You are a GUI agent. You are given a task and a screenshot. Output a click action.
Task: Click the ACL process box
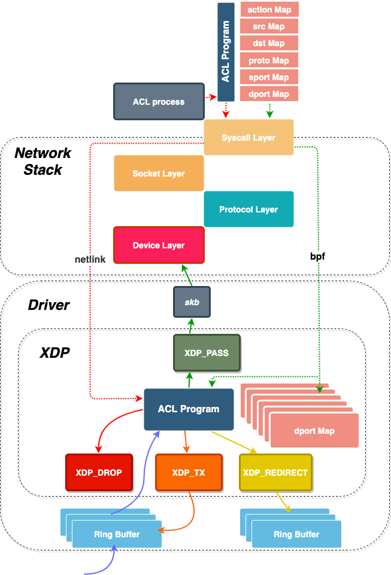(x=159, y=102)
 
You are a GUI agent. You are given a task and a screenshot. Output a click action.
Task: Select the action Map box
(x=269, y=10)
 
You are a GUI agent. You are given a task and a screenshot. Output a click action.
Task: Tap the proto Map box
(x=269, y=60)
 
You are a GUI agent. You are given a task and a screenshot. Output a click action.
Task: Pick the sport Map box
(x=269, y=77)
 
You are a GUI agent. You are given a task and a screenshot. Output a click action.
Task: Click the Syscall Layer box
(x=248, y=138)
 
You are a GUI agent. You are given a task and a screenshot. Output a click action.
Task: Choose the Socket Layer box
(x=159, y=174)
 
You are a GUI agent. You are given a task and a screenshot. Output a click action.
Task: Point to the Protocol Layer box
(x=248, y=209)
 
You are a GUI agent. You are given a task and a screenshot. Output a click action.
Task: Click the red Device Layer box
(x=159, y=245)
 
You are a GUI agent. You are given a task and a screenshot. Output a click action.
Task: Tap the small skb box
(x=192, y=302)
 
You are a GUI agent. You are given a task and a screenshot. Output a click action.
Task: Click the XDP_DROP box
(x=99, y=473)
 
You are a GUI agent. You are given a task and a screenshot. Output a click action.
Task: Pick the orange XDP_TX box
(x=189, y=473)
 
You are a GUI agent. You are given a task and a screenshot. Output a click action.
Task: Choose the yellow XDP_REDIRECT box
(x=275, y=473)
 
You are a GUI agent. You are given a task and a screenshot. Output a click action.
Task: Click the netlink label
(x=90, y=260)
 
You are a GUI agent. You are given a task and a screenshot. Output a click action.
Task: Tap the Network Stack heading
(x=43, y=162)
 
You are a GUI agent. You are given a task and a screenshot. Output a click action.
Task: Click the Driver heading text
(x=49, y=305)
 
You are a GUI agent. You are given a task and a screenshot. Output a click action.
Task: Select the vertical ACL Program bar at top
(x=226, y=51)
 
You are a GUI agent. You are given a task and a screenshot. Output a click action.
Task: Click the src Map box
(x=269, y=26)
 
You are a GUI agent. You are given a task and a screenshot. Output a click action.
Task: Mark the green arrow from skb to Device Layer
(x=187, y=275)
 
